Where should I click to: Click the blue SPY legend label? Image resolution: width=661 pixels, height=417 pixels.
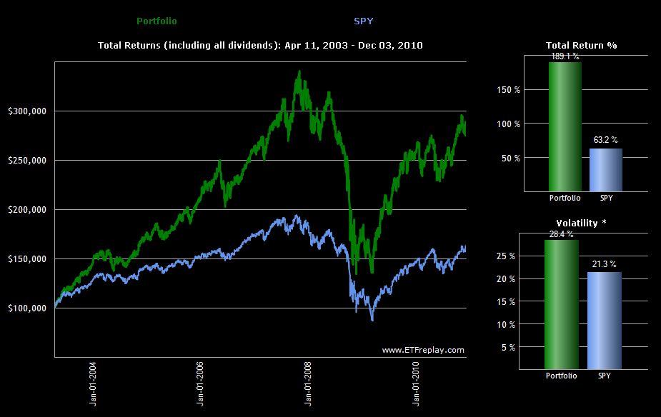pos(364,21)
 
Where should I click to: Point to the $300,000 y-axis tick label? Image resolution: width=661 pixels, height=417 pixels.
pos(28,111)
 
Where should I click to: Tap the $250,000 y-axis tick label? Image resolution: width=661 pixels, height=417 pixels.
pos(28,160)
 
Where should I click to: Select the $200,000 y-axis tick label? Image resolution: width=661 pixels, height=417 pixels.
pos(28,209)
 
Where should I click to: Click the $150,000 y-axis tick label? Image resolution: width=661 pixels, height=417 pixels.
pos(28,258)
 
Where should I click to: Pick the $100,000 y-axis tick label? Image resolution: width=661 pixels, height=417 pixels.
pos(28,308)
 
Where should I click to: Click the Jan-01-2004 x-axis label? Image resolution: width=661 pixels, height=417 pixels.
pos(94,384)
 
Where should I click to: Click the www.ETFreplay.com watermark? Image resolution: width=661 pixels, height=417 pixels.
pos(423,350)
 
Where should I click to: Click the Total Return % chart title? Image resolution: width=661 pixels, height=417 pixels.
pos(581,45)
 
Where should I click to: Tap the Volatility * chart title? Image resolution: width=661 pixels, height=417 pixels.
pos(581,223)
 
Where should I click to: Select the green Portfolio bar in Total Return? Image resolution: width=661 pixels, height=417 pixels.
pos(565,126)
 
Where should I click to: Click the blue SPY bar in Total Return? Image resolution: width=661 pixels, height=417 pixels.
pos(605,169)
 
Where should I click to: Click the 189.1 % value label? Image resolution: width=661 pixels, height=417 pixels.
pos(565,56)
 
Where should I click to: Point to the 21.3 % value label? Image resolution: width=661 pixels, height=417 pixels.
pos(604,264)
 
